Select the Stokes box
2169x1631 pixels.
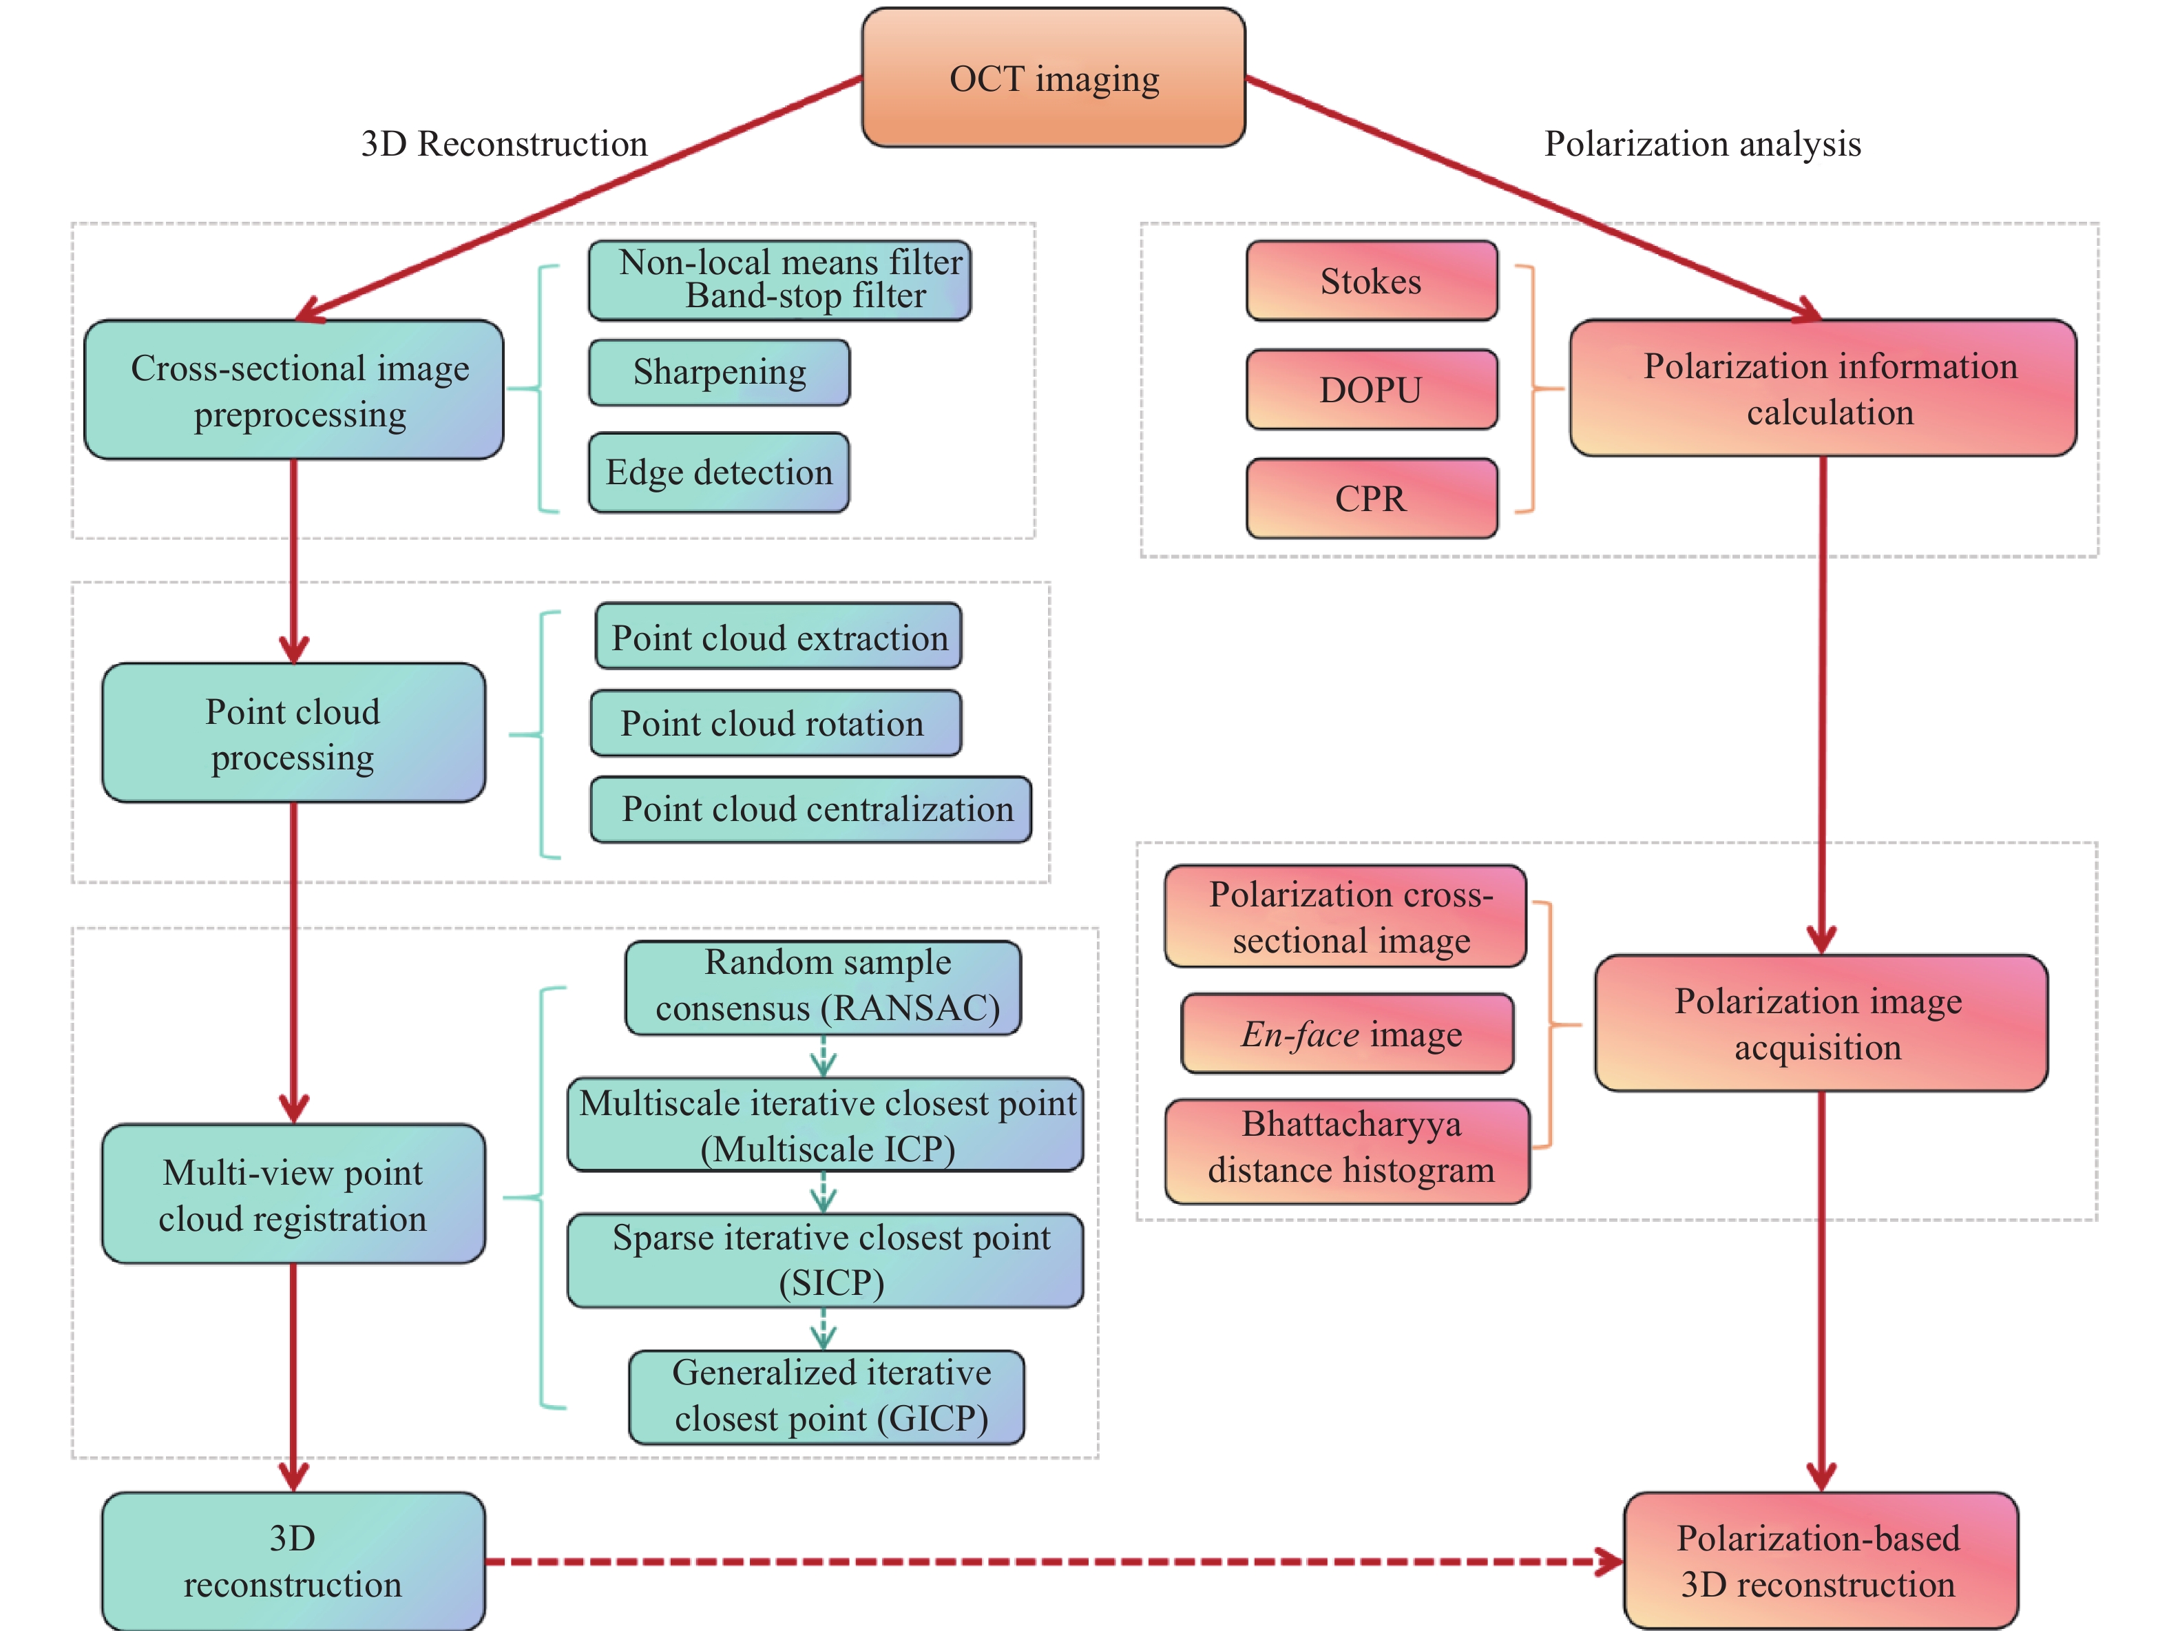1371,282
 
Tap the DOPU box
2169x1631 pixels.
1371,389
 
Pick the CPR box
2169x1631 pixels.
1371,498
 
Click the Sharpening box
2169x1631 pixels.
719,373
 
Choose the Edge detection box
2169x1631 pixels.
719,472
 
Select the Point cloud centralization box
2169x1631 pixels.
811,810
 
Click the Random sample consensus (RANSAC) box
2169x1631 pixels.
824,986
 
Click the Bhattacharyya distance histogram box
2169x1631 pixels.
1348,1150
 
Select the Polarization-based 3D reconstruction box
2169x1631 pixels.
1820,1560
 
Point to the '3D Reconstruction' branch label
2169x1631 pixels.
504,144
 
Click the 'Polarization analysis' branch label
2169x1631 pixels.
1702,144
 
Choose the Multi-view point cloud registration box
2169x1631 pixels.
293,1194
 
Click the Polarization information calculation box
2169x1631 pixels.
1823,388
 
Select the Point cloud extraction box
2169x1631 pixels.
779,638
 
